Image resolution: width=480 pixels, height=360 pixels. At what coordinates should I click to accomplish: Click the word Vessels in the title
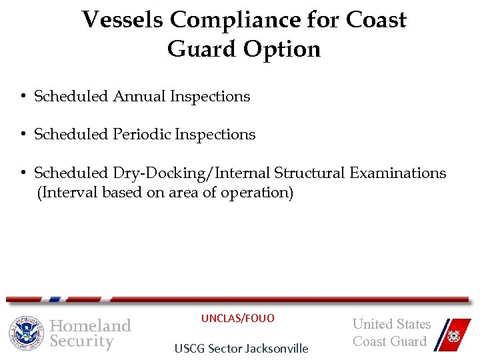pyautogui.click(x=123, y=20)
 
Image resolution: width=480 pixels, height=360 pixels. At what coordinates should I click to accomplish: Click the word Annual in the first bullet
pyautogui.click(x=139, y=97)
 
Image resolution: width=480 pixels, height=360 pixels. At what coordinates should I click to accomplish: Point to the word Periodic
pyautogui.click(x=141, y=135)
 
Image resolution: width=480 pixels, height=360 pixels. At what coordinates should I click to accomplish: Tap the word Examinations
pyautogui.click(x=397, y=173)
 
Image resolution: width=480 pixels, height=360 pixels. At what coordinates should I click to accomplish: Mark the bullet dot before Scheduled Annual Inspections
pyautogui.click(x=23, y=97)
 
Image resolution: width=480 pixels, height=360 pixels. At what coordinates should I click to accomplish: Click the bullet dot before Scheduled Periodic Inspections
pyautogui.click(x=23, y=135)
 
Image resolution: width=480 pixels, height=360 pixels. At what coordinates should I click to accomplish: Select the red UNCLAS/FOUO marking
pyautogui.click(x=237, y=318)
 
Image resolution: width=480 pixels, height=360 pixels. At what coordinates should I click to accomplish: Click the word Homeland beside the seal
pyautogui.click(x=91, y=325)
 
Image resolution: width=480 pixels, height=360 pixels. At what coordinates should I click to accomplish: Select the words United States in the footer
pyautogui.click(x=391, y=324)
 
